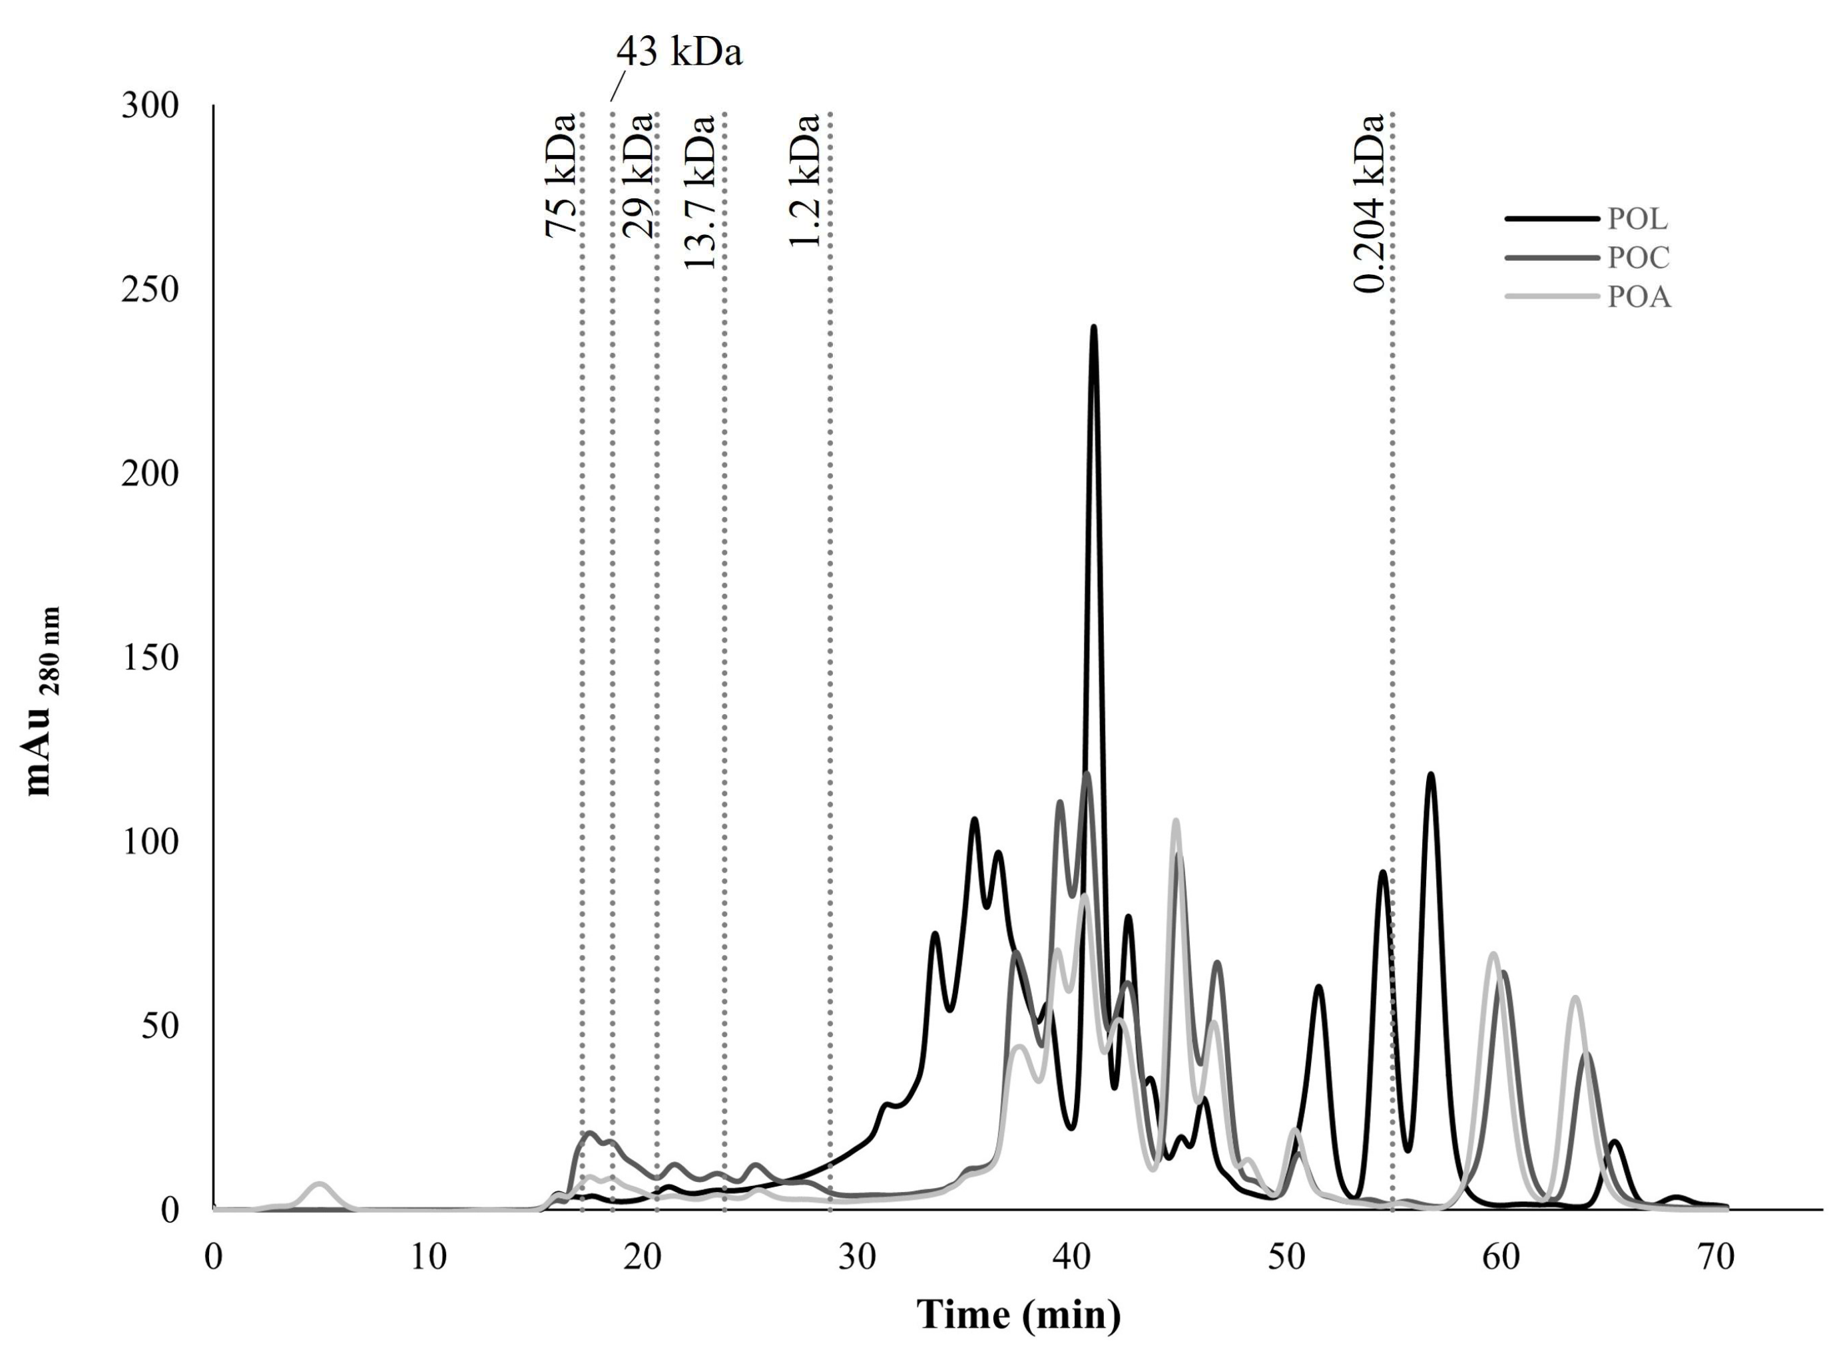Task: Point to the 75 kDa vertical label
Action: (561, 175)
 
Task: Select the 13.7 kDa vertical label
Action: (699, 192)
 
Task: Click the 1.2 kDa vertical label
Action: (804, 180)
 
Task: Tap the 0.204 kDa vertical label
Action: (1368, 203)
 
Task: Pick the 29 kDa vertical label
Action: (637, 175)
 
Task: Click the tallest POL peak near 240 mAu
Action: (1093, 329)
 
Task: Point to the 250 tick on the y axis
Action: (150, 290)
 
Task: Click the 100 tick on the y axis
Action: (150, 841)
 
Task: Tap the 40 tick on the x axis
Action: (1072, 1258)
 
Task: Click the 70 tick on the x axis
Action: (1715, 1258)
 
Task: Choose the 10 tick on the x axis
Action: (428, 1258)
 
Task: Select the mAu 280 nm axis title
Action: (43, 702)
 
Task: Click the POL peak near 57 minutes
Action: (1430, 777)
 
